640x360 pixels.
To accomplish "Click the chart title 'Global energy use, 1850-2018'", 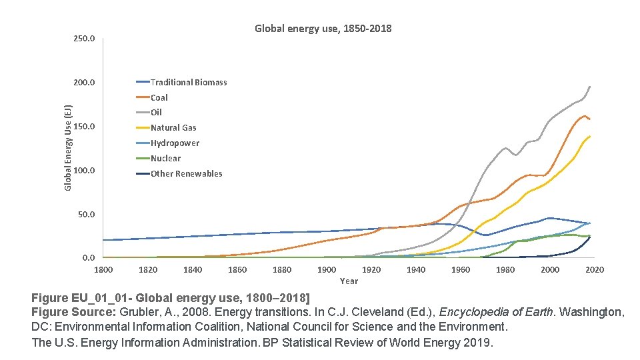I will [x=323, y=29].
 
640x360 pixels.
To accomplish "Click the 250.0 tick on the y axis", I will [x=84, y=39].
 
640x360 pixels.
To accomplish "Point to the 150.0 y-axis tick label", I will [x=84, y=127].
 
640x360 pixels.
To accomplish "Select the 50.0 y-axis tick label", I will [x=86, y=215].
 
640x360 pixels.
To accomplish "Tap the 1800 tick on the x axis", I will [x=103, y=269].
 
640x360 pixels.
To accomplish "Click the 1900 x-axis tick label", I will [x=327, y=269].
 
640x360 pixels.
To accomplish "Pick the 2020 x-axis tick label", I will [x=595, y=269].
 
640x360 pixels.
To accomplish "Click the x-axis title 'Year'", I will [x=349, y=281].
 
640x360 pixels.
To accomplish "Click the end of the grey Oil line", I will [x=590, y=87].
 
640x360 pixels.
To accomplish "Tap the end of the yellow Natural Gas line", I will [x=590, y=136].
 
